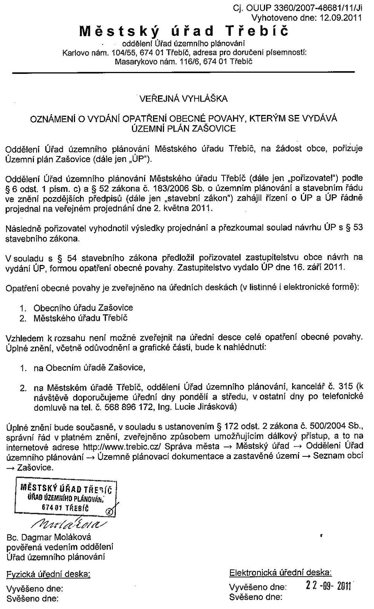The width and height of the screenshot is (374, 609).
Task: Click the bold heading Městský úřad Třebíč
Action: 184,31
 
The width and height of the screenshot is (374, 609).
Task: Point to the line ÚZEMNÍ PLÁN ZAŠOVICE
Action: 184,128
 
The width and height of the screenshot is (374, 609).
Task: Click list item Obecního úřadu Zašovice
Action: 83,308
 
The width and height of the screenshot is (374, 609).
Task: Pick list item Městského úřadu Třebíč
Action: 80,318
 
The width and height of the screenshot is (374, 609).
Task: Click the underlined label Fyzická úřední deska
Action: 48,574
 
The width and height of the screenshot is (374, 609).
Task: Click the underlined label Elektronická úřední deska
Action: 280,572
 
